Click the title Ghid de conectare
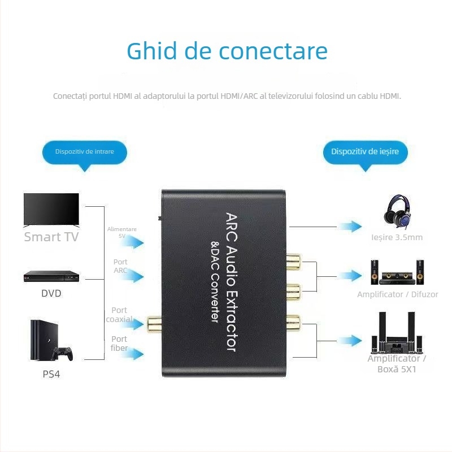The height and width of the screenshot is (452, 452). pyautogui.click(x=227, y=51)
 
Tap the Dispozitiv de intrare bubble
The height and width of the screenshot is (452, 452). pyautogui.click(x=85, y=152)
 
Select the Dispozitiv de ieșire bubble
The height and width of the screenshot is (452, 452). pyautogui.click(x=365, y=152)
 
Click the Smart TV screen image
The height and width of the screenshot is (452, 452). pyautogui.click(x=51, y=210)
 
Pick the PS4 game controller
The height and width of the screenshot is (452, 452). pyautogui.click(x=62, y=353)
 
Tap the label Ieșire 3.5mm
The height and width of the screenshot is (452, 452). pyautogui.click(x=401, y=237)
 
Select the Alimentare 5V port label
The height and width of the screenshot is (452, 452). pyautogui.click(x=122, y=232)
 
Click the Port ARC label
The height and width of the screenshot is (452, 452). pyautogui.click(x=120, y=266)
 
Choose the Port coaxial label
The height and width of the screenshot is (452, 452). pyautogui.click(x=119, y=315)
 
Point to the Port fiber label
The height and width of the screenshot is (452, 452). pyautogui.click(x=119, y=344)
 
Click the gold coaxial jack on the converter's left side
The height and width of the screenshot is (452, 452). pyautogui.click(x=153, y=324)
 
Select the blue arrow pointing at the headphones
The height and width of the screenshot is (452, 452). pyautogui.click(x=352, y=227)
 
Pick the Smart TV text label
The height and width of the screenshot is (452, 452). pyautogui.click(x=51, y=237)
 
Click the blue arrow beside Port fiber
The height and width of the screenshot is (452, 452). pyautogui.click(x=134, y=354)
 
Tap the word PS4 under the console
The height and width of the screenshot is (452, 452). pyautogui.click(x=51, y=374)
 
